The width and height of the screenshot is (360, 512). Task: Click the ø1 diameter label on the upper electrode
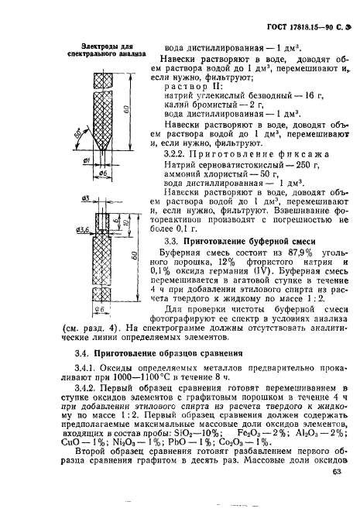point(88,160)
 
